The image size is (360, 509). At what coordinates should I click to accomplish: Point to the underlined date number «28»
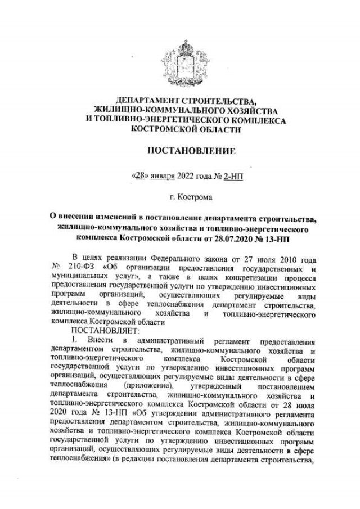coord(141,175)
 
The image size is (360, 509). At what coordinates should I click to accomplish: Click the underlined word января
coord(164,175)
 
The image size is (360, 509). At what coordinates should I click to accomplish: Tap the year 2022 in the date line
coord(188,175)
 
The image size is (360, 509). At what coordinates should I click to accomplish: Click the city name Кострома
coord(192,198)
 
